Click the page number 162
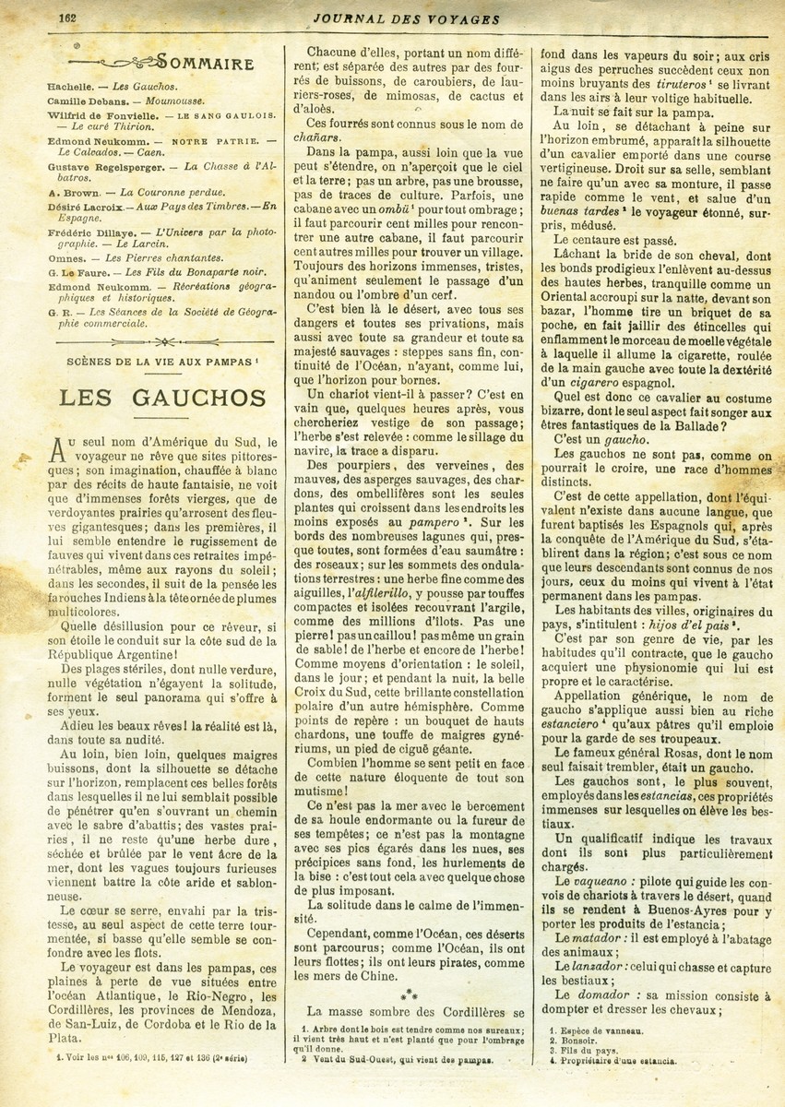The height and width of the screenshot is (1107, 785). [x=67, y=18]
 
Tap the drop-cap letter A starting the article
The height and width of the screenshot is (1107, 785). [x=57, y=448]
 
